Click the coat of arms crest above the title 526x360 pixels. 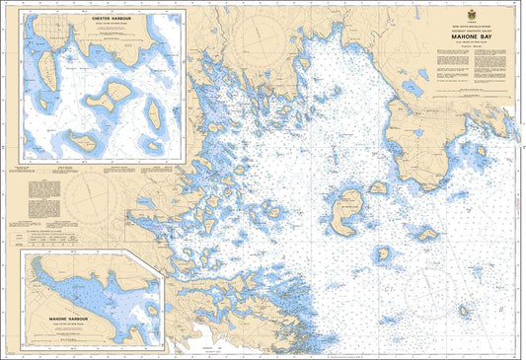click(x=456, y=12)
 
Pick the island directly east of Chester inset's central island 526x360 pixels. click(x=155, y=115)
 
